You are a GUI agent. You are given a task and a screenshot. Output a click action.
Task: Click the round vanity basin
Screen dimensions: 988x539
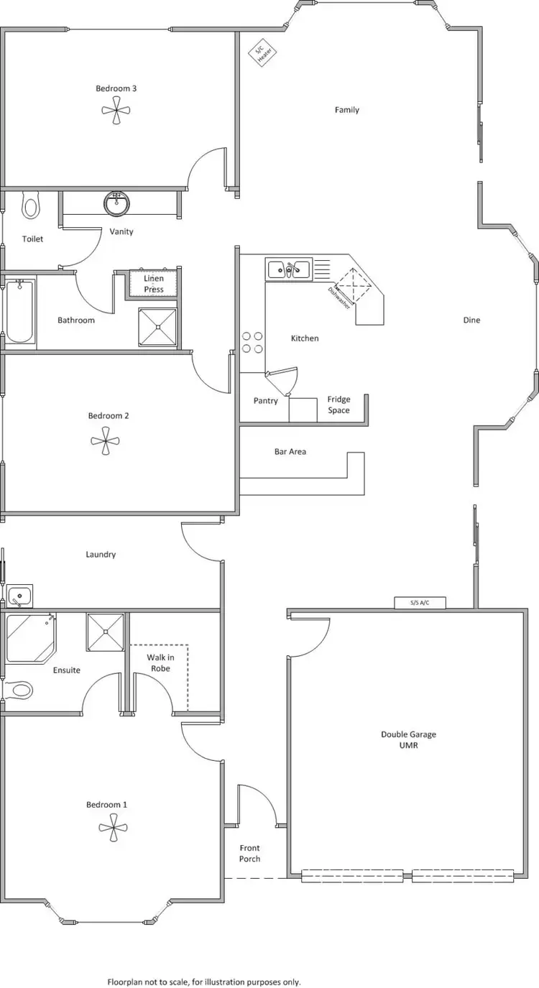(x=116, y=203)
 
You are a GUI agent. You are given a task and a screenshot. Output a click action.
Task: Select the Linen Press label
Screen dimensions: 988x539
(x=154, y=284)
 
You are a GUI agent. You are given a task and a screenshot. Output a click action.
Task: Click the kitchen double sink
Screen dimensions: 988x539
(x=289, y=270)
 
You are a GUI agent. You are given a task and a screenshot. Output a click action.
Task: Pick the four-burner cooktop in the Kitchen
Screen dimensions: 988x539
(x=252, y=342)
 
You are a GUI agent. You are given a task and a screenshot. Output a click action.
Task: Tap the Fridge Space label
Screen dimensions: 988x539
(x=338, y=405)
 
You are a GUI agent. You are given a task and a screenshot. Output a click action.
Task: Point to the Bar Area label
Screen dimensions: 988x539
(x=290, y=452)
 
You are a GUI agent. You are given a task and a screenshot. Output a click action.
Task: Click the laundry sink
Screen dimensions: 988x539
(x=19, y=596)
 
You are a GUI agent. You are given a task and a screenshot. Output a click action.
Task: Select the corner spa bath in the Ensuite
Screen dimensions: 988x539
(x=29, y=637)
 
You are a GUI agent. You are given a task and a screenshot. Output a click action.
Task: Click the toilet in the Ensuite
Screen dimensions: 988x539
(x=19, y=691)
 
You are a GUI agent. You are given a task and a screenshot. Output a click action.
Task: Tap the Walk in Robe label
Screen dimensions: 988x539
(x=160, y=662)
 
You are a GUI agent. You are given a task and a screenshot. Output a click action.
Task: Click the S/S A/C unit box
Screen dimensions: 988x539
(x=420, y=603)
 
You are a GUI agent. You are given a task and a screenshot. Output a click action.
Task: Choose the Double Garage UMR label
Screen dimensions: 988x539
(x=408, y=739)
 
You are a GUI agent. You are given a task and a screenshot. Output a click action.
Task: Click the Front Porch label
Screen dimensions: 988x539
(x=249, y=853)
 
